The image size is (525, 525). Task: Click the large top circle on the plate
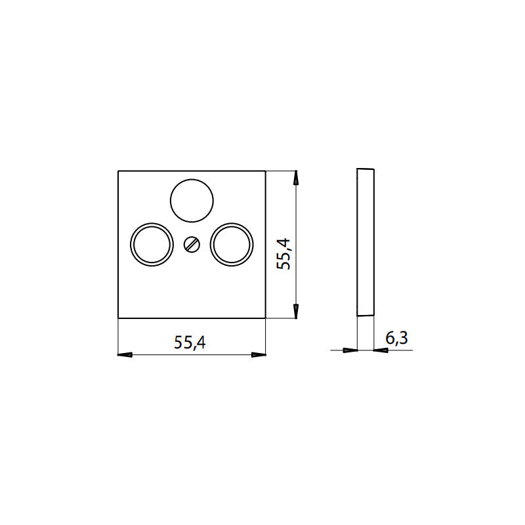pos(192,200)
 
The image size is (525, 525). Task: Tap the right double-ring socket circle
pos(232,244)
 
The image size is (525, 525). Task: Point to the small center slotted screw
pos(192,245)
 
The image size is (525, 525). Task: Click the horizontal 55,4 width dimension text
pos(190,343)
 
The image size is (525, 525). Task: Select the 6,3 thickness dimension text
pos(396,338)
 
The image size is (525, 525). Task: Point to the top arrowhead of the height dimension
pos(297,178)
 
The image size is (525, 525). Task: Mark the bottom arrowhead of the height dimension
pos(297,312)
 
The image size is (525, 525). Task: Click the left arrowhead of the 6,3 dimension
pos(350,350)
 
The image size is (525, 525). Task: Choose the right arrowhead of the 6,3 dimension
pos(380,350)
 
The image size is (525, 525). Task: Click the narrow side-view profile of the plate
pos(365,243)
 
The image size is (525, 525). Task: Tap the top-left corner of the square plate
pos(118,171)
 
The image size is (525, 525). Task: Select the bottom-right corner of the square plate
pos(266,319)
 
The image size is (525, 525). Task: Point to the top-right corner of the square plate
pos(266,171)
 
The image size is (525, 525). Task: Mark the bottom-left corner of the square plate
pos(118,319)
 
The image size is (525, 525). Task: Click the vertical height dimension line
pos(297,217)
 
